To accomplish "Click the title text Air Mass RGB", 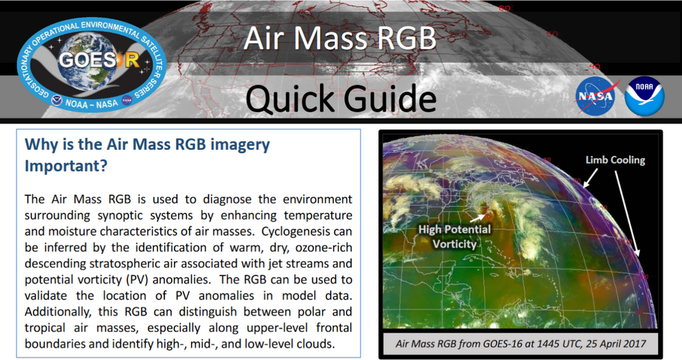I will point(340,39).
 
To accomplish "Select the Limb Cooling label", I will point(614,160).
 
